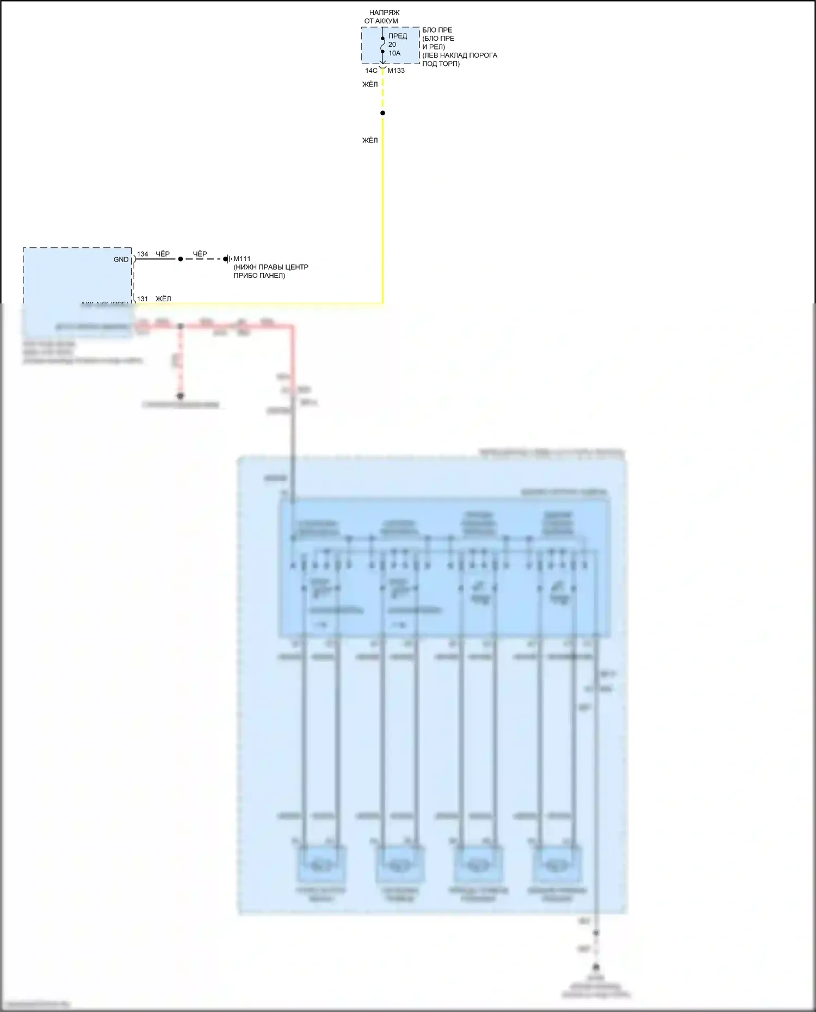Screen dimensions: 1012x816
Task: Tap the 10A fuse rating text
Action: click(x=394, y=53)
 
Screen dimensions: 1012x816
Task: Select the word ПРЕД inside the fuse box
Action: click(x=398, y=36)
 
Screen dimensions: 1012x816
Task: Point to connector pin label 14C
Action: click(x=371, y=71)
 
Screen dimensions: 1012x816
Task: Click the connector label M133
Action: click(x=396, y=71)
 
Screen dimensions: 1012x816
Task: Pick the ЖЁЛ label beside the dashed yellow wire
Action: click(x=370, y=84)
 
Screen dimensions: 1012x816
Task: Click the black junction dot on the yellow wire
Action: click(x=383, y=113)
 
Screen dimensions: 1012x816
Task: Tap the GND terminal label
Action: click(x=121, y=259)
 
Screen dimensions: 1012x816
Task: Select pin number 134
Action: click(x=143, y=254)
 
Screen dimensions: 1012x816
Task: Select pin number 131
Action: click(x=143, y=299)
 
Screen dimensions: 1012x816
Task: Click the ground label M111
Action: click(x=242, y=259)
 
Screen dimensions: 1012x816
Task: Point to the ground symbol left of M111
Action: click(x=228, y=259)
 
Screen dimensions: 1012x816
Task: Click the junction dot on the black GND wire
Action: click(x=181, y=259)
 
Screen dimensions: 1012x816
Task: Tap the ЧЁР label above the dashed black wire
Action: click(x=200, y=254)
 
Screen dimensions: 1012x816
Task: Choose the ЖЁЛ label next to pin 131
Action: click(x=163, y=299)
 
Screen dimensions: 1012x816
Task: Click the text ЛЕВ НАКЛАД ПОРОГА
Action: click(x=460, y=55)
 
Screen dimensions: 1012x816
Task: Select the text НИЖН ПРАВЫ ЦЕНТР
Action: click(x=271, y=267)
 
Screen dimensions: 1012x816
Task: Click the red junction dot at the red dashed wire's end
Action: click(x=181, y=396)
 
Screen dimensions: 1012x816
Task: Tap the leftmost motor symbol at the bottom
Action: click(x=320, y=865)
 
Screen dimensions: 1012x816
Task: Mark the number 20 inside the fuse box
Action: click(x=392, y=45)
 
